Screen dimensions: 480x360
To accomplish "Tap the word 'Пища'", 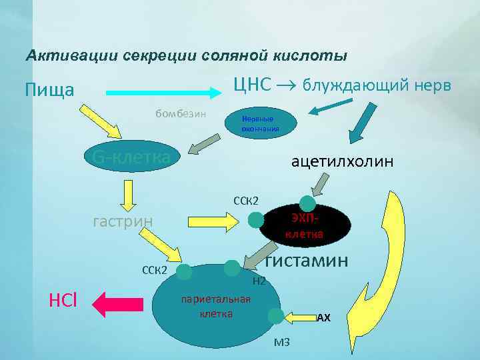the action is pyautogui.click(x=49, y=89).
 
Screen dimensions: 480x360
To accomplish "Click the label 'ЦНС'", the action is pyautogui.click(x=252, y=85).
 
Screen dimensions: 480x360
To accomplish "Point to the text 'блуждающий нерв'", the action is pyautogui.click(x=377, y=85).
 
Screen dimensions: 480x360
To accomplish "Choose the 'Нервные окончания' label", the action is pyautogui.click(x=257, y=123).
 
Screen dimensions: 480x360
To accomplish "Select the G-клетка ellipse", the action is pyautogui.click(x=131, y=157).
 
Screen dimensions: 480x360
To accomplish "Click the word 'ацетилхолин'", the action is pyautogui.click(x=343, y=161).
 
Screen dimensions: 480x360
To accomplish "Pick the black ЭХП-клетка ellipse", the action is pyautogui.click(x=305, y=225).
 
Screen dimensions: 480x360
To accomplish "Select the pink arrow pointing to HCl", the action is pyautogui.click(x=119, y=303).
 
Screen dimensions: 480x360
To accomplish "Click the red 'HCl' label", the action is pyautogui.click(x=63, y=301).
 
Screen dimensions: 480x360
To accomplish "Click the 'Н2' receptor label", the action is pyautogui.click(x=260, y=281).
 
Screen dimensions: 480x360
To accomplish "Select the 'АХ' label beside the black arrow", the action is pyautogui.click(x=323, y=318).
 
